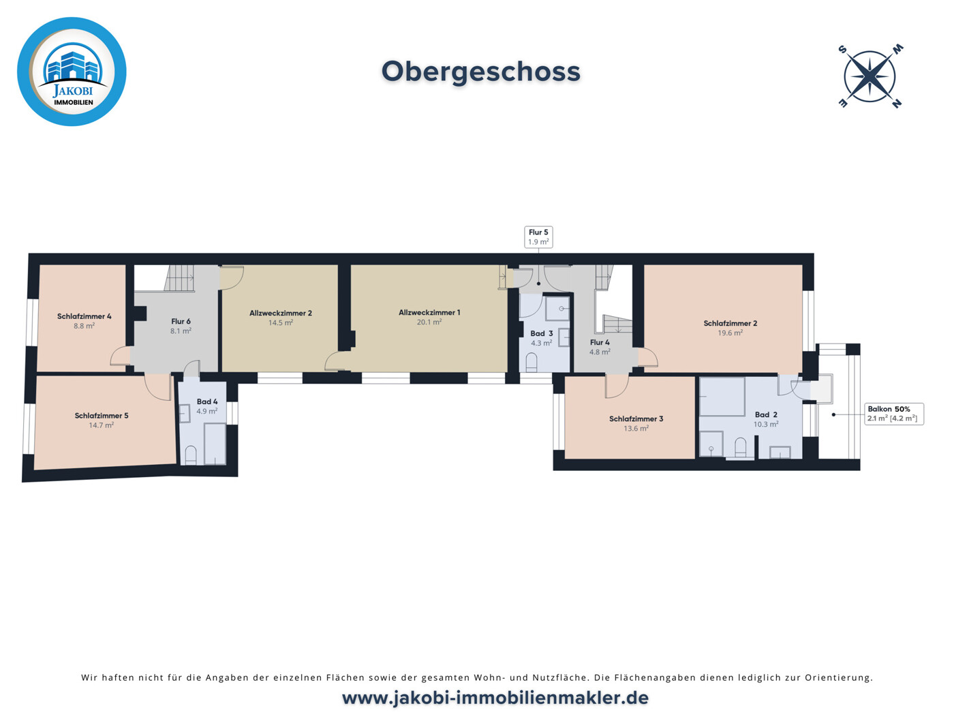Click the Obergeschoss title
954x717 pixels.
click(x=480, y=72)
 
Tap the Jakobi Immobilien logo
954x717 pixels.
click(x=72, y=72)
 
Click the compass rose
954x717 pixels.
click(x=870, y=76)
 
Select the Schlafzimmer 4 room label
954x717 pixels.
click(x=84, y=316)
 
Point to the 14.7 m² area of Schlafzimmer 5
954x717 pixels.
click(x=101, y=425)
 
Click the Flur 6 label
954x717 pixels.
click(x=181, y=322)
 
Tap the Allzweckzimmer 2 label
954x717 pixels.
click(x=280, y=314)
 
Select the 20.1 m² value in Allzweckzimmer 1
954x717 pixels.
click(x=429, y=322)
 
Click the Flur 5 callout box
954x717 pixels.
click(x=538, y=237)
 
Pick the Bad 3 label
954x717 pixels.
click(x=542, y=333)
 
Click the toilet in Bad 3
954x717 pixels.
click(x=532, y=363)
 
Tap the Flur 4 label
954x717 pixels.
click(x=600, y=343)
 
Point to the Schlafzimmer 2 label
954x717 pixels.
click(x=730, y=324)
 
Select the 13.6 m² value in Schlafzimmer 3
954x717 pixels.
click(x=636, y=429)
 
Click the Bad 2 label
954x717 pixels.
click(x=766, y=414)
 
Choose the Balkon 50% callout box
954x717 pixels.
click(x=893, y=414)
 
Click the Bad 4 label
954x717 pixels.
click(x=207, y=402)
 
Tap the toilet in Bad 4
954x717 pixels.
click(x=191, y=455)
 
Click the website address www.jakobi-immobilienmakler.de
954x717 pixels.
click(x=495, y=698)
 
